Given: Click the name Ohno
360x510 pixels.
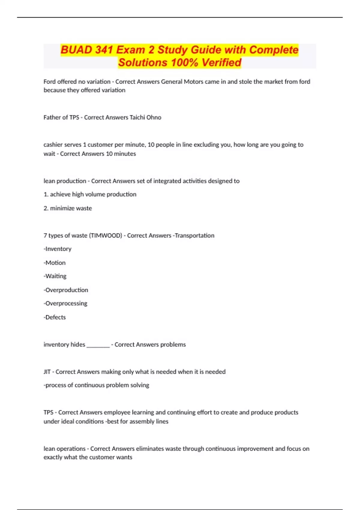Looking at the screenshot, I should click(154, 117).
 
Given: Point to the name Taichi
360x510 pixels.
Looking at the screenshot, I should click(137, 117).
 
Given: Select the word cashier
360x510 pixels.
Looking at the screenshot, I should click(53, 145).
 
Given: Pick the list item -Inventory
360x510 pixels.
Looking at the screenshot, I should click(58, 249).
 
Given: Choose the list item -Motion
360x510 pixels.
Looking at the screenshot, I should click(55, 262).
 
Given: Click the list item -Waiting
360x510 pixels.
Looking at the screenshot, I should click(55, 276).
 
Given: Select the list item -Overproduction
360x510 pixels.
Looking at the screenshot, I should click(66, 290).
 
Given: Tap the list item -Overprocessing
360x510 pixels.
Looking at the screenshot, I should click(65, 303).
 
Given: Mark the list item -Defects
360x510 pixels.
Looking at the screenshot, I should click(55, 317).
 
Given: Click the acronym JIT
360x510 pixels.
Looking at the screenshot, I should click(47, 372).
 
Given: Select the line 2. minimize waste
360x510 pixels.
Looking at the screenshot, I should click(68, 208).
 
